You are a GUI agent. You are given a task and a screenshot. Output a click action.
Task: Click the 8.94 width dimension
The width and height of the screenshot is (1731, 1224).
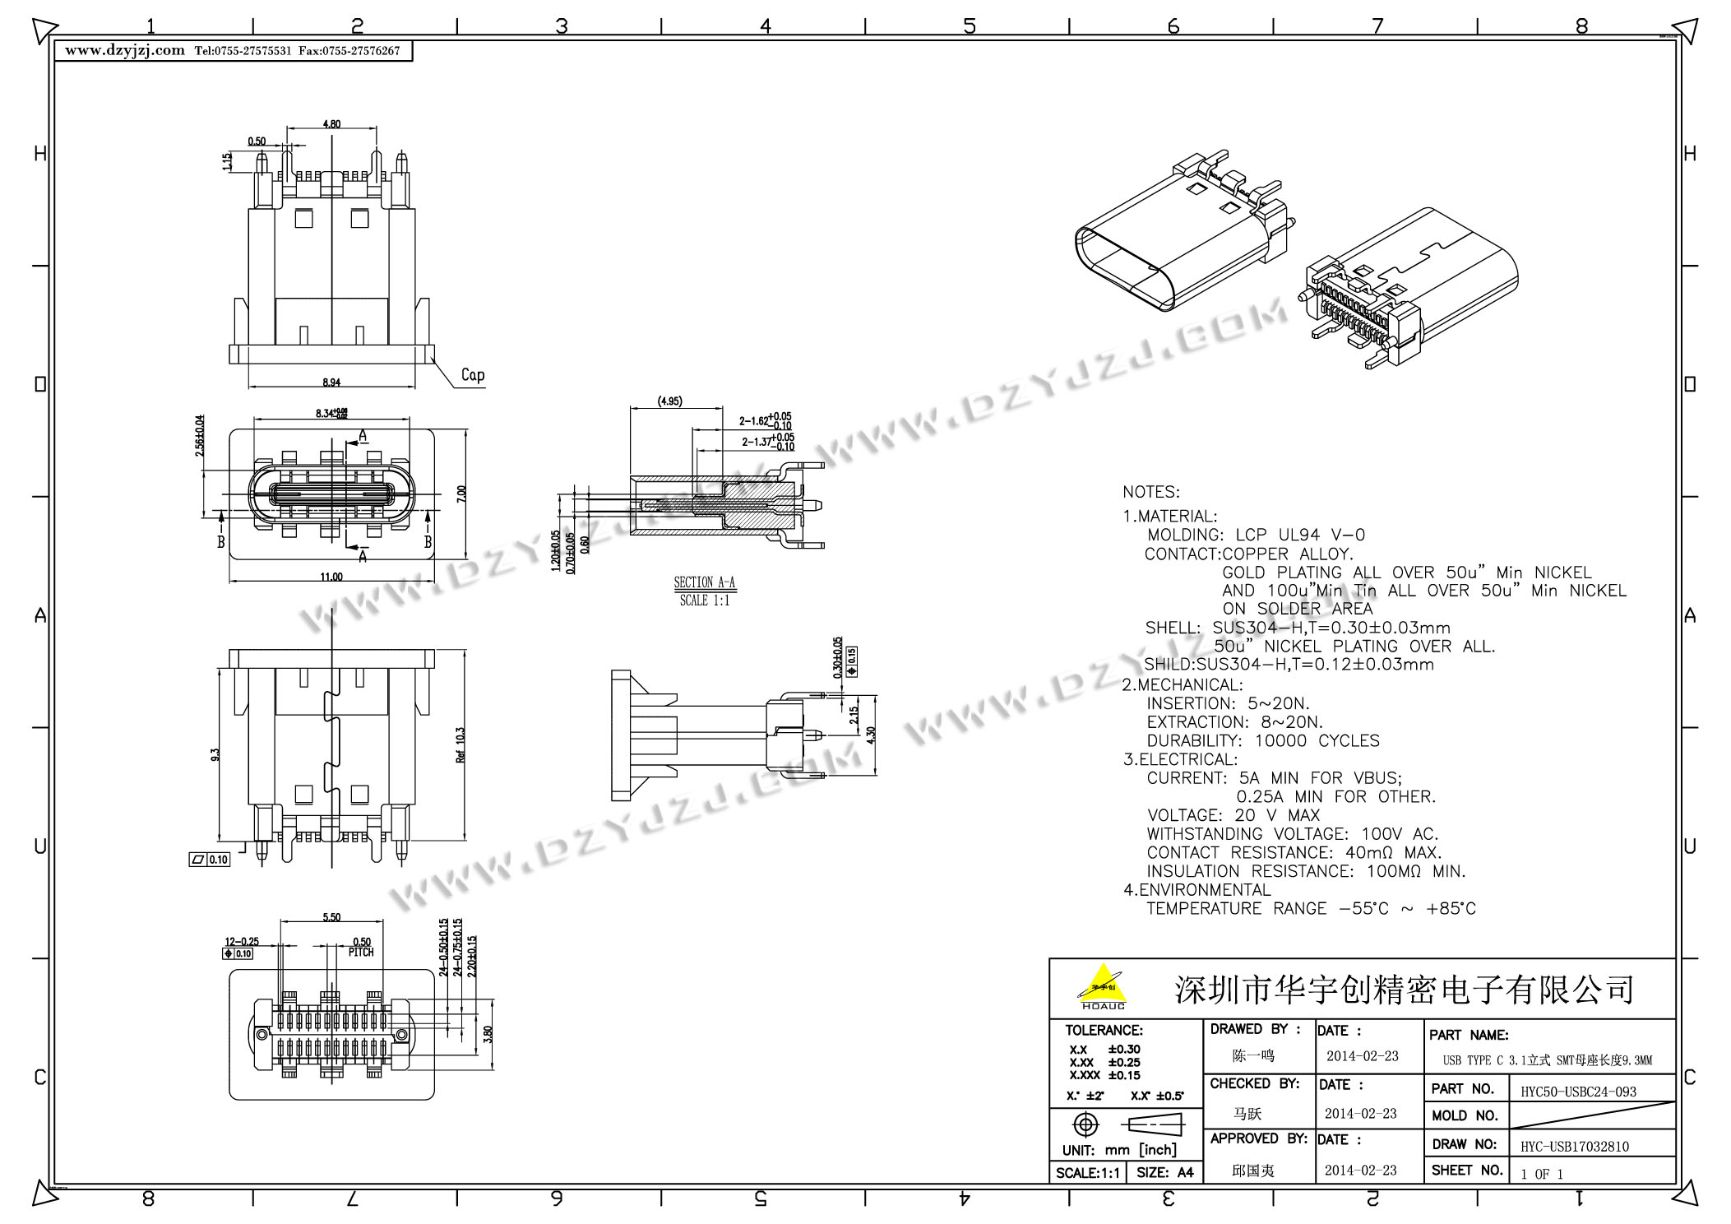[x=331, y=382]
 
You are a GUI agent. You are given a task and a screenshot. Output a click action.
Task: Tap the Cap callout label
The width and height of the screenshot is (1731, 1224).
[x=473, y=375]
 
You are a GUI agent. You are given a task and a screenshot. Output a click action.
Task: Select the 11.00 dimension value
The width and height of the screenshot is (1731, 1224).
[x=331, y=577]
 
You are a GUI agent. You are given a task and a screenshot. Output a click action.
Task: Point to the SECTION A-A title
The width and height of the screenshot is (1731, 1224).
[x=705, y=583]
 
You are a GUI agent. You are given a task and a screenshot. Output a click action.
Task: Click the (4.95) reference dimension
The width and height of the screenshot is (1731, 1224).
[x=669, y=401]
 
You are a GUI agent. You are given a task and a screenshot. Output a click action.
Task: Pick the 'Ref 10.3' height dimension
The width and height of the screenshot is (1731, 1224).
[x=461, y=744]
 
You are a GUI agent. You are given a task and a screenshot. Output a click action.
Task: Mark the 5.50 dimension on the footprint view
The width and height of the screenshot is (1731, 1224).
[x=331, y=917]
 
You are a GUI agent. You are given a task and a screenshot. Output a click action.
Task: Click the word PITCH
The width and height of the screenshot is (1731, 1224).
[x=361, y=953]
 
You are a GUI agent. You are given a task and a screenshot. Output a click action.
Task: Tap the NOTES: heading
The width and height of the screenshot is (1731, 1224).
[x=1150, y=492]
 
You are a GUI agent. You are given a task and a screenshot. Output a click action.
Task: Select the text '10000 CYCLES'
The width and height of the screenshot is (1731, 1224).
[x=1317, y=740]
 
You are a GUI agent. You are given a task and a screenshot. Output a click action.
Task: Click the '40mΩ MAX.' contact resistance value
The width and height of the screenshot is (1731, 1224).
[x=1393, y=852]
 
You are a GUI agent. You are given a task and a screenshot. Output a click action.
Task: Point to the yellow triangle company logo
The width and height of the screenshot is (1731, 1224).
[x=1103, y=985]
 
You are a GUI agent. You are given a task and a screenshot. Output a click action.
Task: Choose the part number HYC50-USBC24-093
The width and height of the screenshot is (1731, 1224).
[x=1578, y=1092]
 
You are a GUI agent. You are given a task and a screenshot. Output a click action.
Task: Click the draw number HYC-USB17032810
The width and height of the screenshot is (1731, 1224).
[x=1574, y=1146]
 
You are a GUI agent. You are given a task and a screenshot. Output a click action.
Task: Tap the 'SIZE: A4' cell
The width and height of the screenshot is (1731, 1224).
[x=1164, y=1172]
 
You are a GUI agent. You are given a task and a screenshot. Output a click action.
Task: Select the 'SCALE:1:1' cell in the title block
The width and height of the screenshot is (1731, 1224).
[x=1087, y=1172]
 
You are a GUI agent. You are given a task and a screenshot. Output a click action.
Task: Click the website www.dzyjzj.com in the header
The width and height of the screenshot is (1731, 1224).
[x=125, y=50]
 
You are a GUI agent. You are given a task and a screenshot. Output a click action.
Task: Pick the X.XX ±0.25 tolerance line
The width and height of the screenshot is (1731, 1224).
[x=1104, y=1062]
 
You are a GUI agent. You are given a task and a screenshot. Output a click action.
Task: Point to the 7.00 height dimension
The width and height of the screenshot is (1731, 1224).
[x=461, y=494]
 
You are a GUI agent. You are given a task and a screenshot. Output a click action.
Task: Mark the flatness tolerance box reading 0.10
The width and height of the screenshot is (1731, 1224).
[x=210, y=860]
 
